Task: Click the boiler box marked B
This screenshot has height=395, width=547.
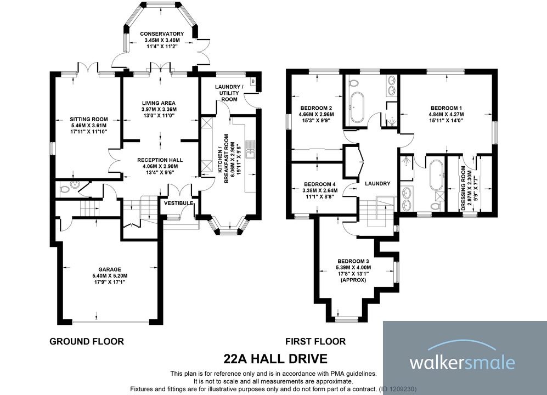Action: pos(252,81)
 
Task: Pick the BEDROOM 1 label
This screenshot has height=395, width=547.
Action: pos(446,108)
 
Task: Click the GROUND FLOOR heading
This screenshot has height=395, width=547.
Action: pos(87,341)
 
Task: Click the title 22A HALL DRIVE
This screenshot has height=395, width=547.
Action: pos(275,359)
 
